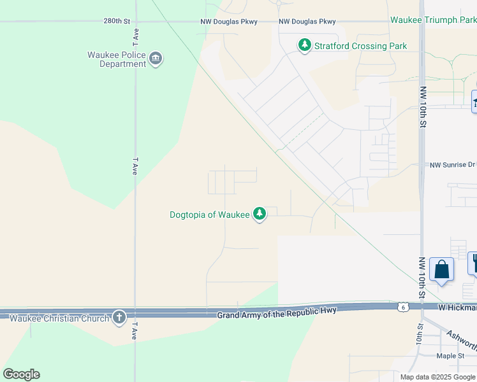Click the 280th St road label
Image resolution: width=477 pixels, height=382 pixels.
[x=117, y=21]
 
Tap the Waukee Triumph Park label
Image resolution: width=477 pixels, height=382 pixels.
[x=433, y=20]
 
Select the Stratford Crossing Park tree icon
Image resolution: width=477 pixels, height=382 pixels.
[x=305, y=45]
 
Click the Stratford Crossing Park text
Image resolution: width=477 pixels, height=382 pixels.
[x=360, y=46]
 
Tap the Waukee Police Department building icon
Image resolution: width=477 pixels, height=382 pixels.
[x=155, y=60]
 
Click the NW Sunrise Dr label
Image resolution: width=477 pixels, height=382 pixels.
[x=452, y=164]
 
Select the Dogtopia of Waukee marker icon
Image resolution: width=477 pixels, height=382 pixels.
[x=260, y=214]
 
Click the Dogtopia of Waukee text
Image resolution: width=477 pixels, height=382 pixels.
[x=210, y=215]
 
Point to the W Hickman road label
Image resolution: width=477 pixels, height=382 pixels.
[x=457, y=308]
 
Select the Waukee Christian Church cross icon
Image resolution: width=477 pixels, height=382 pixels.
[x=119, y=318]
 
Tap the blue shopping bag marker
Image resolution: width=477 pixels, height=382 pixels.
[x=442, y=270]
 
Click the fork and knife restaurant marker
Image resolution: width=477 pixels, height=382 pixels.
[x=474, y=262]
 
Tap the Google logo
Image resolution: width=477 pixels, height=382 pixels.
[x=21, y=374]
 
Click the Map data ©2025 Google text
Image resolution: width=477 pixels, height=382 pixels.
[x=437, y=377]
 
